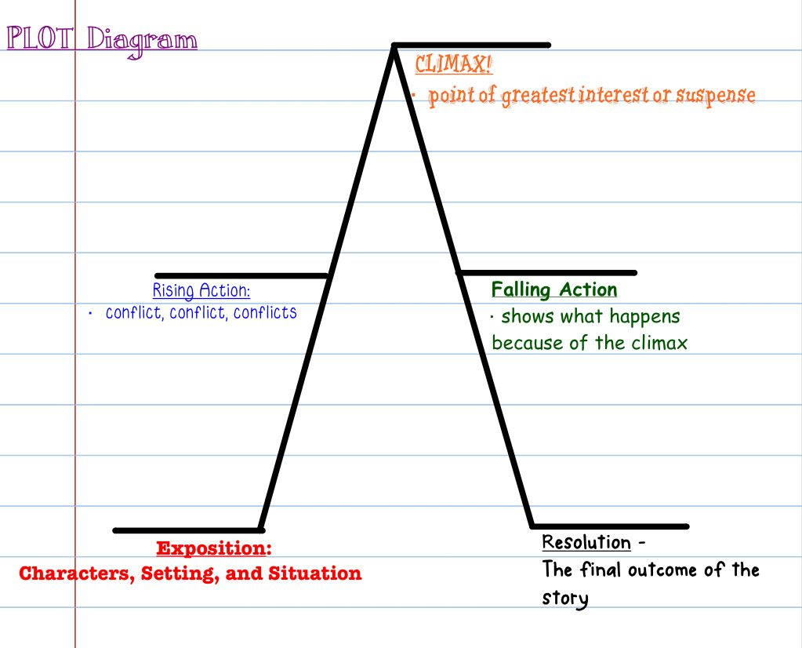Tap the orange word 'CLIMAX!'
tap(453, 64)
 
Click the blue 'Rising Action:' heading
tap(201, 290)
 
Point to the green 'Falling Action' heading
tap(554, 289)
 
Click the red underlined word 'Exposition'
tap(212, 548)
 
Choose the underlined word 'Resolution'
tap(586, 542)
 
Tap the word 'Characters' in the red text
tap(78, 573)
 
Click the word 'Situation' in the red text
tap(315, 573)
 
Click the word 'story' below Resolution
tap(565, 598)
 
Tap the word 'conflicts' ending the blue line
tap(265, 312)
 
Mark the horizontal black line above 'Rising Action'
tap(241, 276)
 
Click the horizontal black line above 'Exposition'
tap(188, 530)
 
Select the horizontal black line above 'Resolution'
tap(610, 526)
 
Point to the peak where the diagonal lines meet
tap(394, 46)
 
